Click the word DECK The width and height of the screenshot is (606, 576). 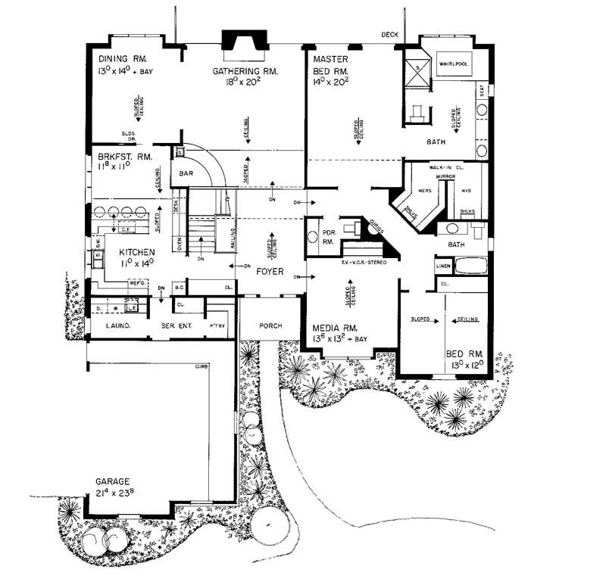(389, 34)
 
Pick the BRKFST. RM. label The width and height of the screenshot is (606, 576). (122, 156)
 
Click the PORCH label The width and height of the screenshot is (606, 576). (270, 326)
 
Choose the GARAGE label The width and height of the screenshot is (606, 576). (113, 481)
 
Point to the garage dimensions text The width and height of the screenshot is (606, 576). (114, 493)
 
